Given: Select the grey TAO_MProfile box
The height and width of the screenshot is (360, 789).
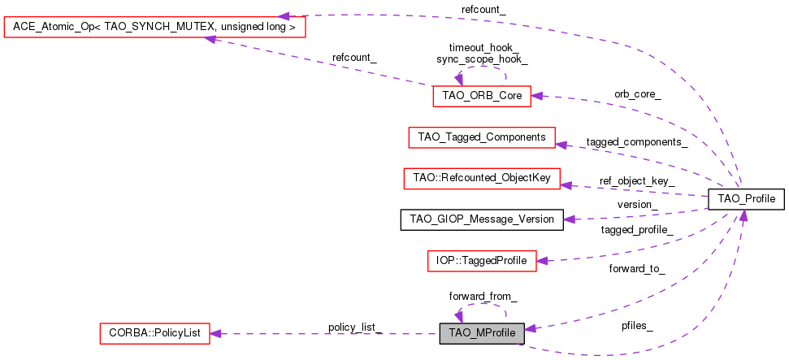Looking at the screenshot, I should [482, 332].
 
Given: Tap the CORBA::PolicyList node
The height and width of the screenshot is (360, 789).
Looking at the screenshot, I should [154, 332].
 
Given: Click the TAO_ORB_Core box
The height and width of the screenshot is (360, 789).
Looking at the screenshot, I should [482, 95].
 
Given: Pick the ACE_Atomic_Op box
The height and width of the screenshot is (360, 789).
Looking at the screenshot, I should [154, 27].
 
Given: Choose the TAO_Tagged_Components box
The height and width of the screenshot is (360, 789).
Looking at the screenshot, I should [481, 137].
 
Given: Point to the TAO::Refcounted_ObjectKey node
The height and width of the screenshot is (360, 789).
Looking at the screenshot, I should [481, 178].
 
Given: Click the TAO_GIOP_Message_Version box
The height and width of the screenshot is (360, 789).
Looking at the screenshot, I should [481, 219].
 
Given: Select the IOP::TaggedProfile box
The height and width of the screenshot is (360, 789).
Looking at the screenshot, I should [481, 261].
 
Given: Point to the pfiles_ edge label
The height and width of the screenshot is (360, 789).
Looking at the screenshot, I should [636, 326].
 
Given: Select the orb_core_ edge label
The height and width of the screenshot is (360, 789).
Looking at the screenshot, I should [637, 94].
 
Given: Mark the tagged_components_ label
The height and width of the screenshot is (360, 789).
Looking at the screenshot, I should [637, 141].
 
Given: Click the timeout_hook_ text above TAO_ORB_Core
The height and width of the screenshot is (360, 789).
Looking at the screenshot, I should [482, 48].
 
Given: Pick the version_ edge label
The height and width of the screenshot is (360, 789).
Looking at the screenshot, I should [637, 203].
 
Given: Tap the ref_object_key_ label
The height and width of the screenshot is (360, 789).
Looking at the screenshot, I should [637, 180].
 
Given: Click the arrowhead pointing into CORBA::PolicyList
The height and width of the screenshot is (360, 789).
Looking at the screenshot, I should [216, 332].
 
